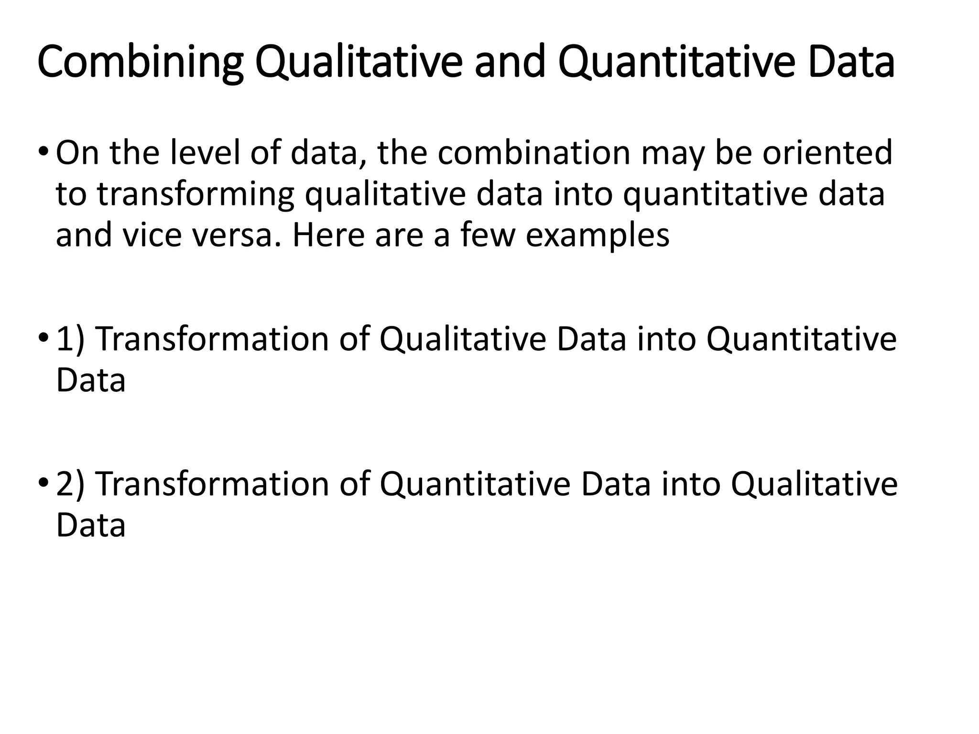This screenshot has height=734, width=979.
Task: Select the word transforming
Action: tap(196, 195)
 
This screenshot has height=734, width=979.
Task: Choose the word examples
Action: tap(598, 237)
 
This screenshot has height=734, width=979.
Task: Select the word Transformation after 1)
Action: tap(213, 340)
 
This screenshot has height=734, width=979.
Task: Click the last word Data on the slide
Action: tap(91, 526)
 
